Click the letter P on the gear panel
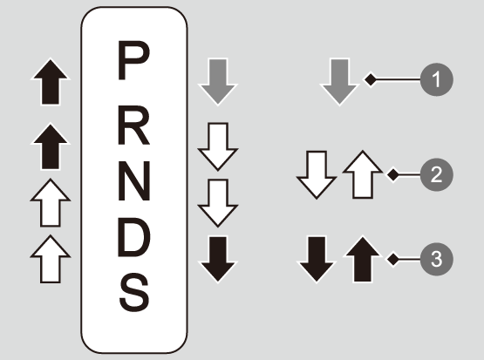click(x=133, y=60)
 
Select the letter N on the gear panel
click(x=134, y=180)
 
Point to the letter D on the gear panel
click(x=134, y=238)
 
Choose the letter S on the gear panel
click(x=134, y=293)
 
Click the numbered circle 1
click(x=436, y=79)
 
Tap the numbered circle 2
click(x=436, y=174)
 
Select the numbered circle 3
click(x=436, y=259)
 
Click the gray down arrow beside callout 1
click(x=339, y=82)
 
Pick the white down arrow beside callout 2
click(x=317, y=174)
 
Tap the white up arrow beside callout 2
click(x=363, y=174)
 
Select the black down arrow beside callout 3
click(x=317, y=259)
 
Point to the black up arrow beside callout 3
click(x=363, y=259)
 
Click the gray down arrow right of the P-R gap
click(x=218, y=82)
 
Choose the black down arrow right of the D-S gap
click(x=218, y=259)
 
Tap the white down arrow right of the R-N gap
click(x=218, y=146)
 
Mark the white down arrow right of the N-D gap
click(x=218, y=203)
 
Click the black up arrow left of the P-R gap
click(x=51, y=82)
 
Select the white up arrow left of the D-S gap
click(x=51, y=259)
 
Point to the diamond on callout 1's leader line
click(x=371, y=79)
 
